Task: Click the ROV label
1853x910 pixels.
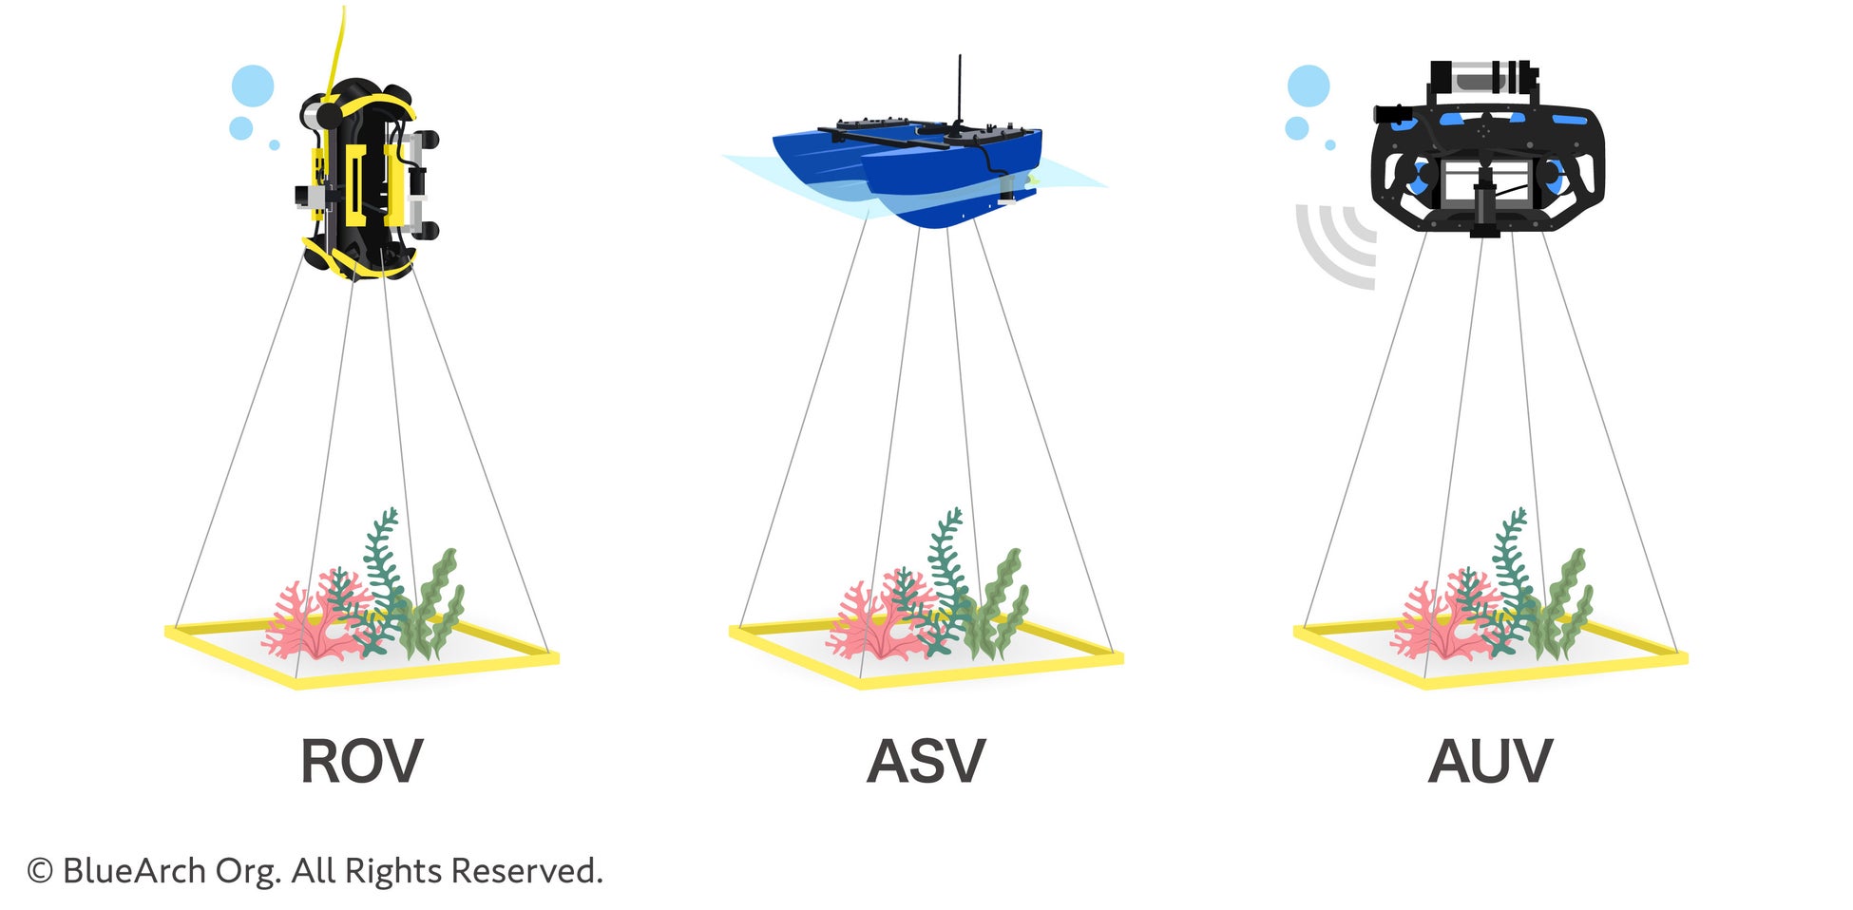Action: (x=361, y=762)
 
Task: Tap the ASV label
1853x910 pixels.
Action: (x=926, y=762)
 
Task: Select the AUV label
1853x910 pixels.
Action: (x=1489, y=762)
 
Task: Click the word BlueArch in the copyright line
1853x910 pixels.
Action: (x=134, y=871)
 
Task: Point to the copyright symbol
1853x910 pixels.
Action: (x=39, y=871)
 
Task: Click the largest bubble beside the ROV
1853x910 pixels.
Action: (x=253, y=85)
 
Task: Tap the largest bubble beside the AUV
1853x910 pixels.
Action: (x=1309, y=85)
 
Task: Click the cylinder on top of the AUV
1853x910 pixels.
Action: (x=1482, y=76)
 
